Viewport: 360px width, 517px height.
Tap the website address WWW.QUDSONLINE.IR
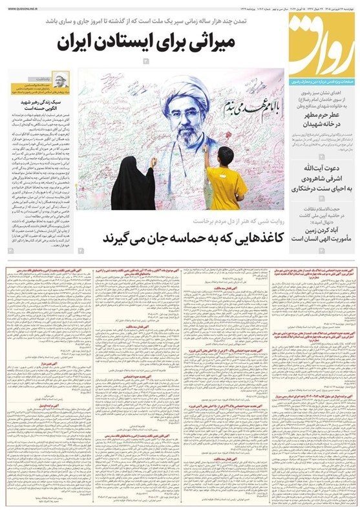tap(25, 8)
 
